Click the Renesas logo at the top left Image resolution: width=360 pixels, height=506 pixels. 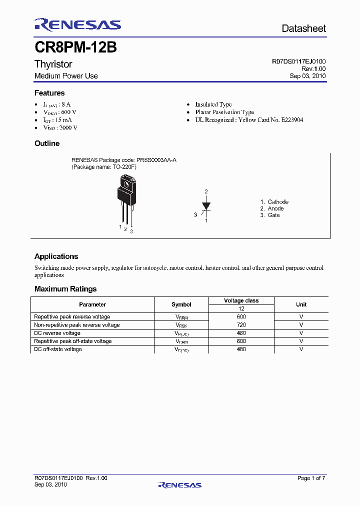point(77,24)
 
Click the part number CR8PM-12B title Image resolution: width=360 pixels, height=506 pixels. point(75,47)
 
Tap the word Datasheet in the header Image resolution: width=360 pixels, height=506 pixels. point(303,29)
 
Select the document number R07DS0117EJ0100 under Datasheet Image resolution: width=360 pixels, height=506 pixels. point(298,61)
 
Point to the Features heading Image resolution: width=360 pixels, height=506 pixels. point(49,93)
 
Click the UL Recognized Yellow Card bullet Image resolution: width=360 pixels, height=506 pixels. point(249,120)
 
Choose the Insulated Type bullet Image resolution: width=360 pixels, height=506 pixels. point(213,104)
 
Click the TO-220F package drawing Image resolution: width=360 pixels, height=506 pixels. point(125,200)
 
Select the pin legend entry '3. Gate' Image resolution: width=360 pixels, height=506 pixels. point(270,215)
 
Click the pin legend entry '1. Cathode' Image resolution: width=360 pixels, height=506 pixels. point(274,202)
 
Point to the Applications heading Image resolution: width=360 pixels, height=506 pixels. point(56,256)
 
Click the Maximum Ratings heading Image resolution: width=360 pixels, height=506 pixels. point(65,289)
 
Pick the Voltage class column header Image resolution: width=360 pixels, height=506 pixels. point(241,300)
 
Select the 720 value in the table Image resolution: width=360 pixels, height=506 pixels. point(241,325)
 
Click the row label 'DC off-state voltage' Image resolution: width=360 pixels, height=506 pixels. point(58,349)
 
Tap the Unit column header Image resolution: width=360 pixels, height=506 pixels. point(301,304)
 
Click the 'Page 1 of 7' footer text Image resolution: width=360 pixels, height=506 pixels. point(311,478)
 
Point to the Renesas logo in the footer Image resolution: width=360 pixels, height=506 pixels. point(179,484)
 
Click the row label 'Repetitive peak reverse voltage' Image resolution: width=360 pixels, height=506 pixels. point(72,316)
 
